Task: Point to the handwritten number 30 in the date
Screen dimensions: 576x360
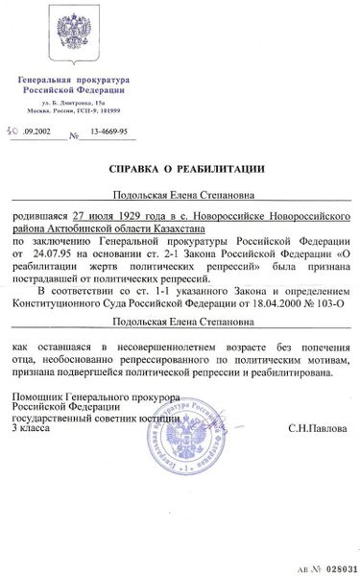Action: click(36, 136)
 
